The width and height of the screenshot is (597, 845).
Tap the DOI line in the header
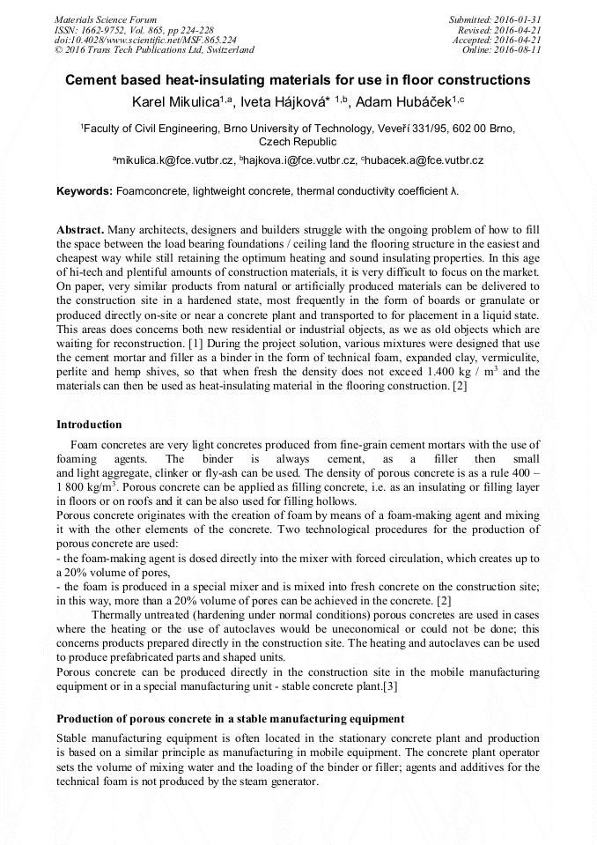(x=145, y=40)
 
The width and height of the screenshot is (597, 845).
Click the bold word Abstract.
(x=83, y=229)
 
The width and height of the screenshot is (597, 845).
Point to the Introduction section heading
(x=89, y=425)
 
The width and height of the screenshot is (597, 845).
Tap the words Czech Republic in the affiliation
(x=298, y=141)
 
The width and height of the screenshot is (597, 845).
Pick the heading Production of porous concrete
(x=230, y=719)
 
